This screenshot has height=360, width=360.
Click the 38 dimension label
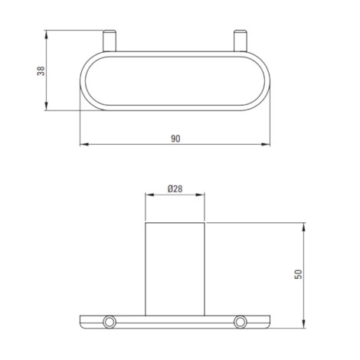[x=41, y=70]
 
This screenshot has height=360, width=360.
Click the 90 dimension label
[x=175, y=139]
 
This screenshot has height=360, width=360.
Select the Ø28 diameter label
[x=175, y=189]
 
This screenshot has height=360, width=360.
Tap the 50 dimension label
[x=298, y=274]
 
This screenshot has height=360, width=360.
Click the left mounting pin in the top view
[x=110, y=41]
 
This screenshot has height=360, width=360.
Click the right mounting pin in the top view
[x=241, y=41]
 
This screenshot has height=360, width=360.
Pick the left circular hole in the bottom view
[x=110, y=322]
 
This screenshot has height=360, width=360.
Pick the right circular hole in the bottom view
[x=241, y=322]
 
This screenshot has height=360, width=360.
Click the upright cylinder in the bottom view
[x=175, y=269]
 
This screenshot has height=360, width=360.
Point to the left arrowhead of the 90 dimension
[x=84, y=144]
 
